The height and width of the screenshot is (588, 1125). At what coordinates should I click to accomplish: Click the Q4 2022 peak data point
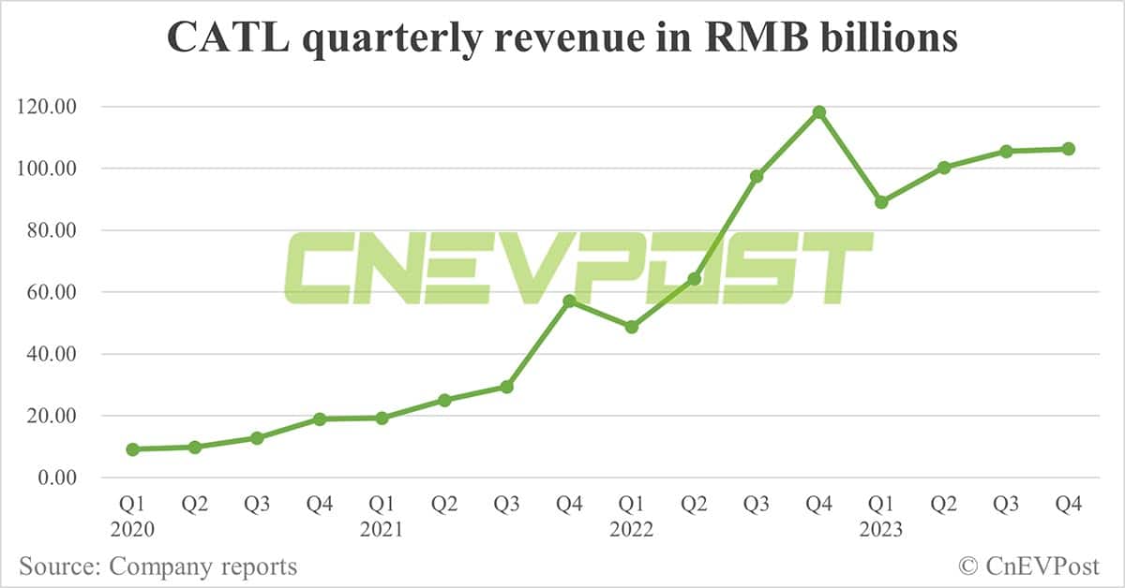[x=818, y=112]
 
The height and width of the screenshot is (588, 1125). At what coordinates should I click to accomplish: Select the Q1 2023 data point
[x=881, y=202]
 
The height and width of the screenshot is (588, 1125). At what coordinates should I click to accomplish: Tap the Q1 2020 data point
[x=132, y=449]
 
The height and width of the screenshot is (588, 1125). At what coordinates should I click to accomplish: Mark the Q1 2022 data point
[x=632, y=327]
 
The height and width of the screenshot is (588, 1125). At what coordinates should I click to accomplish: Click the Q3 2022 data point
[x=757, y=176]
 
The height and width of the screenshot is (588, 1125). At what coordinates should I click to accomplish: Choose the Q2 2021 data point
[x=444, y=400]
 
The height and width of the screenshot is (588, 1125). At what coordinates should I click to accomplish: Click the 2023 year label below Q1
[x=880, y=529]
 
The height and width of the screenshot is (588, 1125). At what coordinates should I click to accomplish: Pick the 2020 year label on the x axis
[x=132, y=529]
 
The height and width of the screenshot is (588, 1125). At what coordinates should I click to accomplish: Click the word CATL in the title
[x=216, y=39]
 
